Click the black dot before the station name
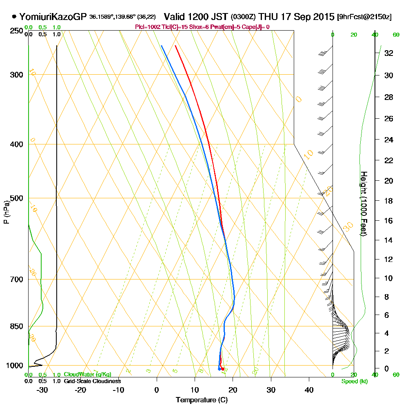click(14, 17)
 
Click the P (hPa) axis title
click(6, 212)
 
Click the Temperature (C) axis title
click(202, 400)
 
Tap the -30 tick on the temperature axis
click(42, 390)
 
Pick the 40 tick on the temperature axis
click(309, 390)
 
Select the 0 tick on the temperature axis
click(157, 390)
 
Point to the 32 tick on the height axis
click(389, 53)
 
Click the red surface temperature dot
click(222, 369)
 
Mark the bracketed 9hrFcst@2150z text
click(364, 17)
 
